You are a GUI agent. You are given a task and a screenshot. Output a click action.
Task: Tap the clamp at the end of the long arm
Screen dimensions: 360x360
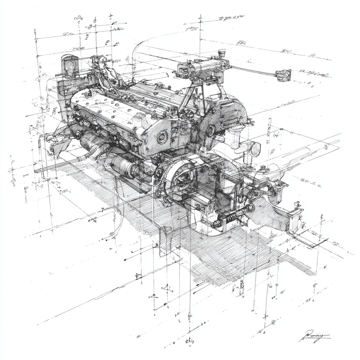point(283,75)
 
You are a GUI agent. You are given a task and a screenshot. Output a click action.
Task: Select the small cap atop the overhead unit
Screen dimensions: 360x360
point(221,53)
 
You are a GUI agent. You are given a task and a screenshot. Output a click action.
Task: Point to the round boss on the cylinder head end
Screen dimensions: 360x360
point(162,137)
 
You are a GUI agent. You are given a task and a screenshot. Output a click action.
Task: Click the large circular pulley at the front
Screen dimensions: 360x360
point(181,178)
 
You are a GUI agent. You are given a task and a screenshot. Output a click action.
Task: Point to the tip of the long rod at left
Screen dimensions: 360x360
point(36,171)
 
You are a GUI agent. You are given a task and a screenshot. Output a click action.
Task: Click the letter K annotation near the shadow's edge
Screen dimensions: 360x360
point(325,267)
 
